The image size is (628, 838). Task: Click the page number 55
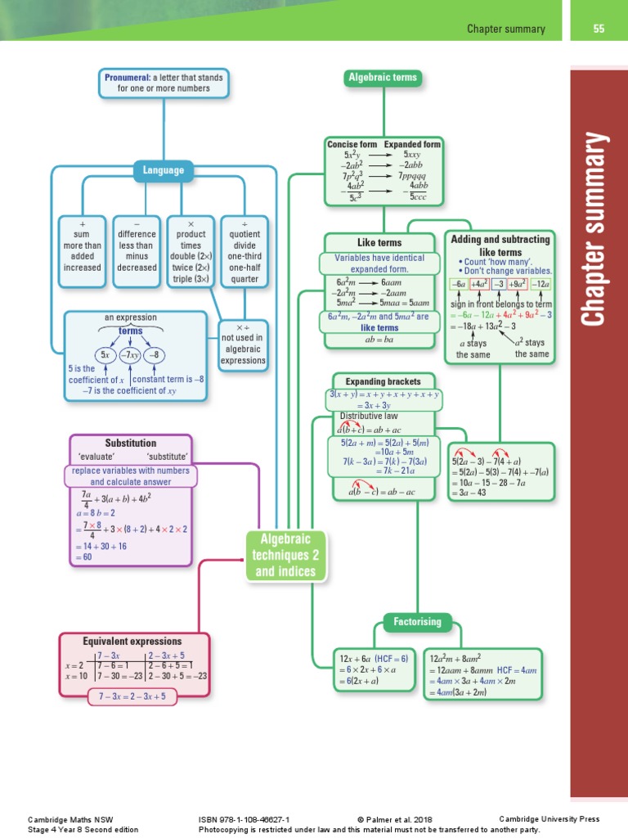(x=599, y=29)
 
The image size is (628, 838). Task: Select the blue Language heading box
(x=164, y=171)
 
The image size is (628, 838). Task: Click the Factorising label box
(x=418, y=622)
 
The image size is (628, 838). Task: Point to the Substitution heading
(x=131, y=443)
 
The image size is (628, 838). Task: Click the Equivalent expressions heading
(x=132, y=641)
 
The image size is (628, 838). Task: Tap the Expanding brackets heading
(x=383, y=381)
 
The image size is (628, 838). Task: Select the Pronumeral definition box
(x=163, y=82)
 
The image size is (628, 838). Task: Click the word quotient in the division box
(x=245, y=233)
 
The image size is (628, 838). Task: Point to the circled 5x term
(x=105, y=355)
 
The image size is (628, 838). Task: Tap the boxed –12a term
(x=540, y=284)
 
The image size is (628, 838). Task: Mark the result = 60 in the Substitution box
(x=84, y=558)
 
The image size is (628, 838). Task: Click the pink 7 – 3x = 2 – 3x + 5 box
(x=132, y=696)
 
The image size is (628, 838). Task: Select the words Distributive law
(x=369, y=416)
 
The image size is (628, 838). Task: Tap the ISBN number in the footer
(x=244, y=818)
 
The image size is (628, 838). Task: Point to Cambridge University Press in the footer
(x=549, y=818)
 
